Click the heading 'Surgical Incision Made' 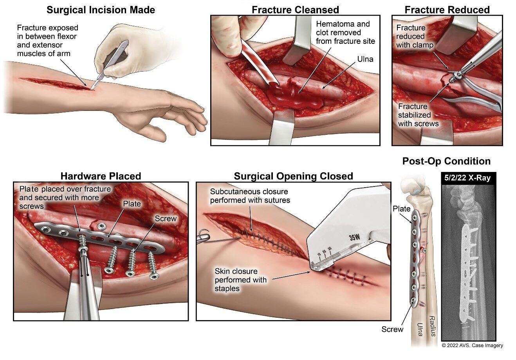click(x=101, y=10)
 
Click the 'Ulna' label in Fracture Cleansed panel click(x=365, y=60)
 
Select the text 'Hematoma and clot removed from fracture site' click(x=345, y=33)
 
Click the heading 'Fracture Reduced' click(x=447, y=10)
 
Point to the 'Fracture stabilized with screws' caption click(x=418, y=115)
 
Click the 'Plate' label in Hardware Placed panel click(x=132, y=204)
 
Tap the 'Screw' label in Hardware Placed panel click(x=166, y=219)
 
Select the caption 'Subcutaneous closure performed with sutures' click(x=250, y=196)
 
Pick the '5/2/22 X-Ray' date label click(x=467, y=178)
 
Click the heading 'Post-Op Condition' click(x=446, y=161)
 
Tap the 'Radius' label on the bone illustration click(x=432, y=326)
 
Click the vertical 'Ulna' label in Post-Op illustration click(x=419, y=329)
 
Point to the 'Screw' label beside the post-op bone click(x=392, y=329)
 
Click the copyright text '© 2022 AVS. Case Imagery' click(x=472, y=346)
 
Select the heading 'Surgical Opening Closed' click(x=293, y=176)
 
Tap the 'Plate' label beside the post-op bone click(x=401, y=209)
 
